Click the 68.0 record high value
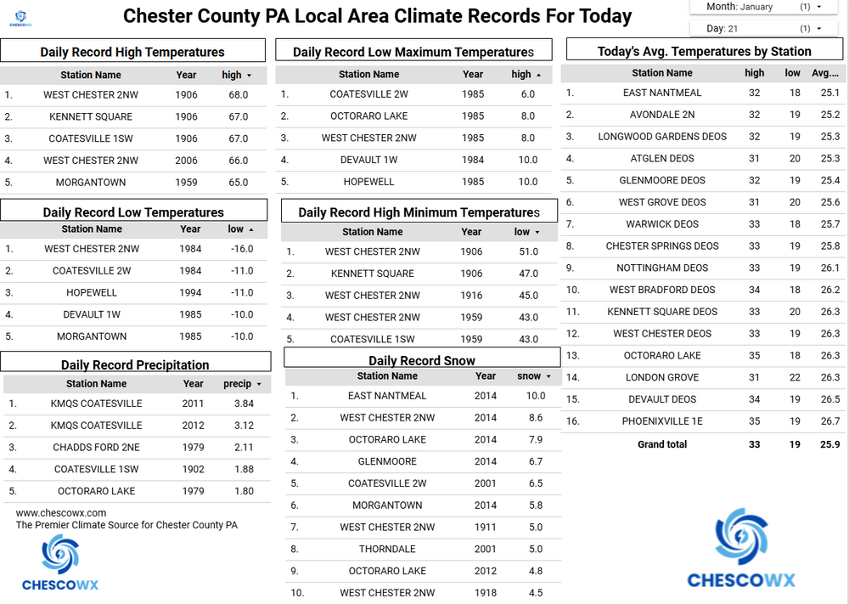[239, 95]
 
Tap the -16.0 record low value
[241, 249]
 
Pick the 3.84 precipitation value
[244, 404]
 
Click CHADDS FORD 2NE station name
[97, 448]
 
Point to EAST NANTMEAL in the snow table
[387, 396]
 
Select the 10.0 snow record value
[535, 396]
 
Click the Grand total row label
[662, 444]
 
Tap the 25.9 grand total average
[829, 444]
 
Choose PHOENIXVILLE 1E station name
[662, 421]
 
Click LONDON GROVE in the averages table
[662, 377]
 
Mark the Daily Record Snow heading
[422, 361]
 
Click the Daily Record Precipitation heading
[135, 365]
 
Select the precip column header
[238, 384]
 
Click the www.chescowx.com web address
[61, 513]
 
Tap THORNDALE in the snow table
[387, 549]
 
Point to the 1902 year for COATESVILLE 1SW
[193, 470]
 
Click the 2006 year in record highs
[186, 161]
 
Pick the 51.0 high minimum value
[528, 251]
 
